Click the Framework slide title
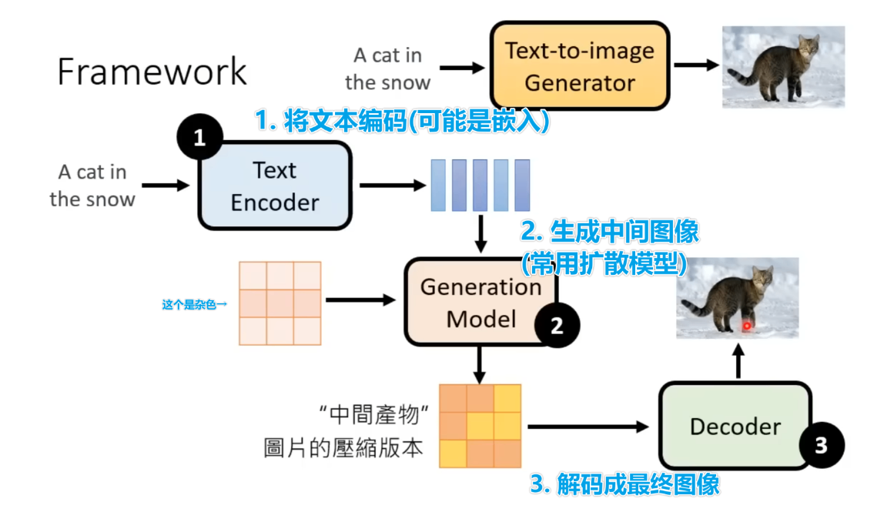click(x=152, y=72)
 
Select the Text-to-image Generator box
click(x=579, y=66)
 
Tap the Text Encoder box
click(x=275, y=186)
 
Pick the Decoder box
click(x=735, y=426)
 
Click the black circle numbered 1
click(x=199, y=138)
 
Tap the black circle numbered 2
click(x=557, y=325)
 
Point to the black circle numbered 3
click(x=821, y=444)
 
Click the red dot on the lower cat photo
click(x=746, y=326)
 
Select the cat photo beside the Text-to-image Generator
click(x=782, y=66)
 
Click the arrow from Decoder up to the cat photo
click(x=738, y=360)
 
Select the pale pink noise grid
click(x=280, y=303)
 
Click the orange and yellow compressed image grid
click(x=480, y=426)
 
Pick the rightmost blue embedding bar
click(x=522, y=185)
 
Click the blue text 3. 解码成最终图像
click(x=624, y=484)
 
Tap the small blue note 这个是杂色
click(x=194, y=305)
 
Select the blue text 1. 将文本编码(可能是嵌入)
click(x=402, y=121)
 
